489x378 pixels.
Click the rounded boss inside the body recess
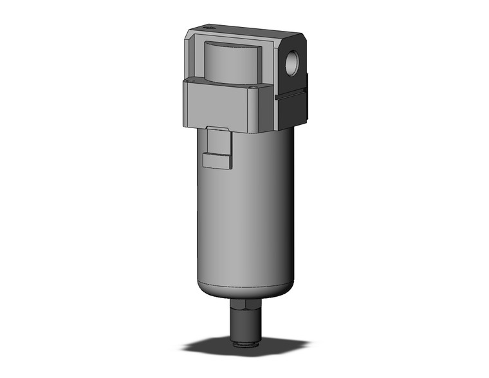coord(230,63)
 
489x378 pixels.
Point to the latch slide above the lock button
coord(217,140)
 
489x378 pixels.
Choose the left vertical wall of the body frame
coord(193,58)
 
